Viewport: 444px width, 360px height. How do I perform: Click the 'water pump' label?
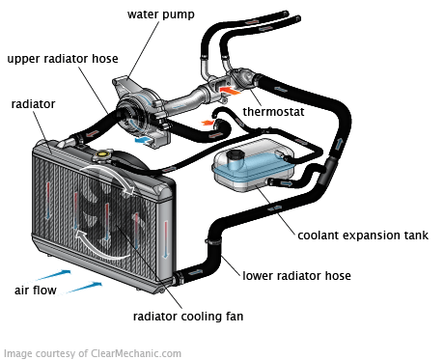pos(161,14)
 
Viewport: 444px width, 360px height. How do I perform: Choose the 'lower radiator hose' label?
pos(296,276)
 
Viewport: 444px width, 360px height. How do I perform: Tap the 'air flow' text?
pos(35,290)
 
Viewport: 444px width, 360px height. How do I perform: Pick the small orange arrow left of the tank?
pos(207,124)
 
